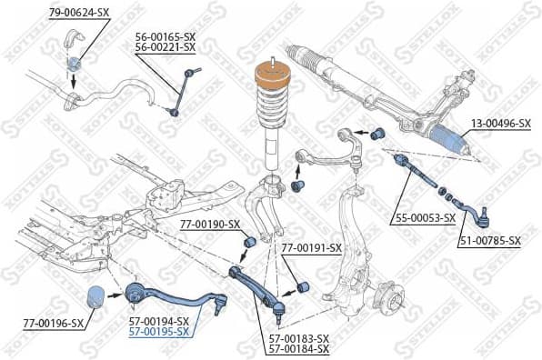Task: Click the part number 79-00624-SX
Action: coord(80,12)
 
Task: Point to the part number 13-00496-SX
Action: coord(500,123)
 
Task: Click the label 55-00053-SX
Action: coord(425,218)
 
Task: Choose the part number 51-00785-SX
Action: coord(490,241)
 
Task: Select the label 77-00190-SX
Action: coord(210,224)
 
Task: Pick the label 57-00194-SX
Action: coord(158,321)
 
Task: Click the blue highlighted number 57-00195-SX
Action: coord(158,332)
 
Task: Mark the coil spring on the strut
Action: coord(270,118)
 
